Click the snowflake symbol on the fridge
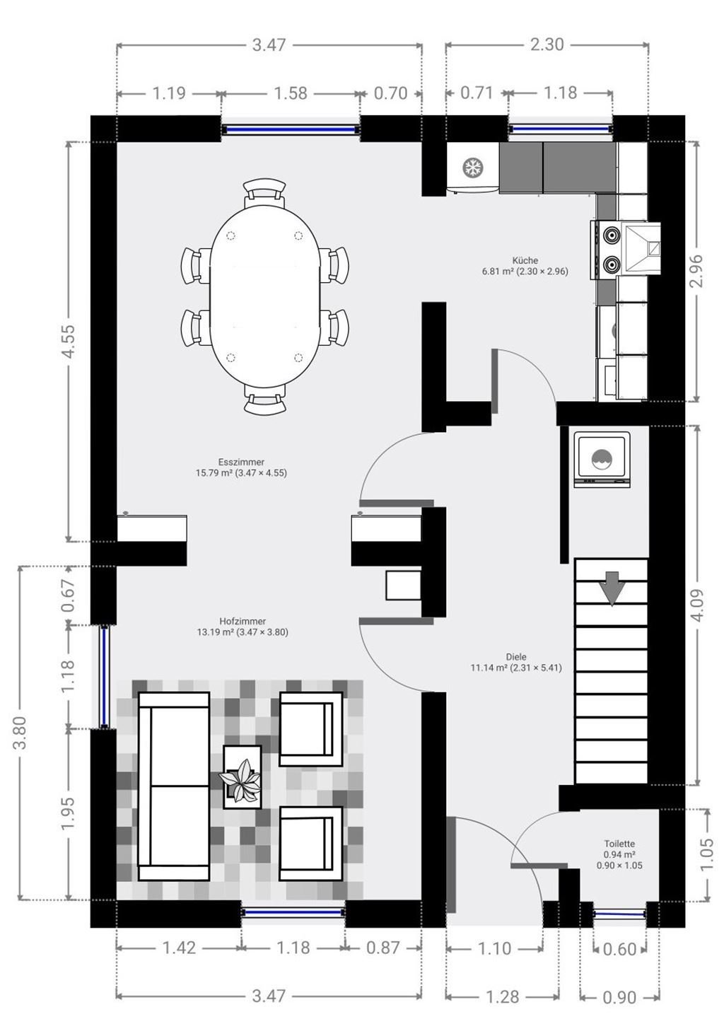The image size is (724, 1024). [x=472, y=168]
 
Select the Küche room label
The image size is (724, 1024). [x=525, y=260]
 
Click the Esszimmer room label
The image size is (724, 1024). [x=241, y=462]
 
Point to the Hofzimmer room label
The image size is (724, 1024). [x=242, y=621]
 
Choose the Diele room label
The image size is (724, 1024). [x=516, y=656]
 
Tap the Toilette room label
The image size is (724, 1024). [x=619, y=844]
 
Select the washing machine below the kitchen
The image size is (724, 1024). [x=602, y=458]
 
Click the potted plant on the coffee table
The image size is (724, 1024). [x=241, y=778]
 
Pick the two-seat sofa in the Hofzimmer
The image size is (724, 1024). [x=174, y=785]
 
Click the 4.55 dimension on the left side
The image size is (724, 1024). [x=69, y=342]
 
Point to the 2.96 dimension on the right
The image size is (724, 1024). [x=696, y=272]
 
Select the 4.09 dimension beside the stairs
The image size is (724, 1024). [x=696, y=606]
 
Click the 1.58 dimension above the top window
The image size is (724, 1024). [x=291, y=93]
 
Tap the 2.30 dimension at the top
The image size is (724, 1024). [x=547, y=45]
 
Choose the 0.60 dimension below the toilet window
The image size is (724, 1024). [x=620, y=949]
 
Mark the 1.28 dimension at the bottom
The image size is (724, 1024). [x=503, y=996]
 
